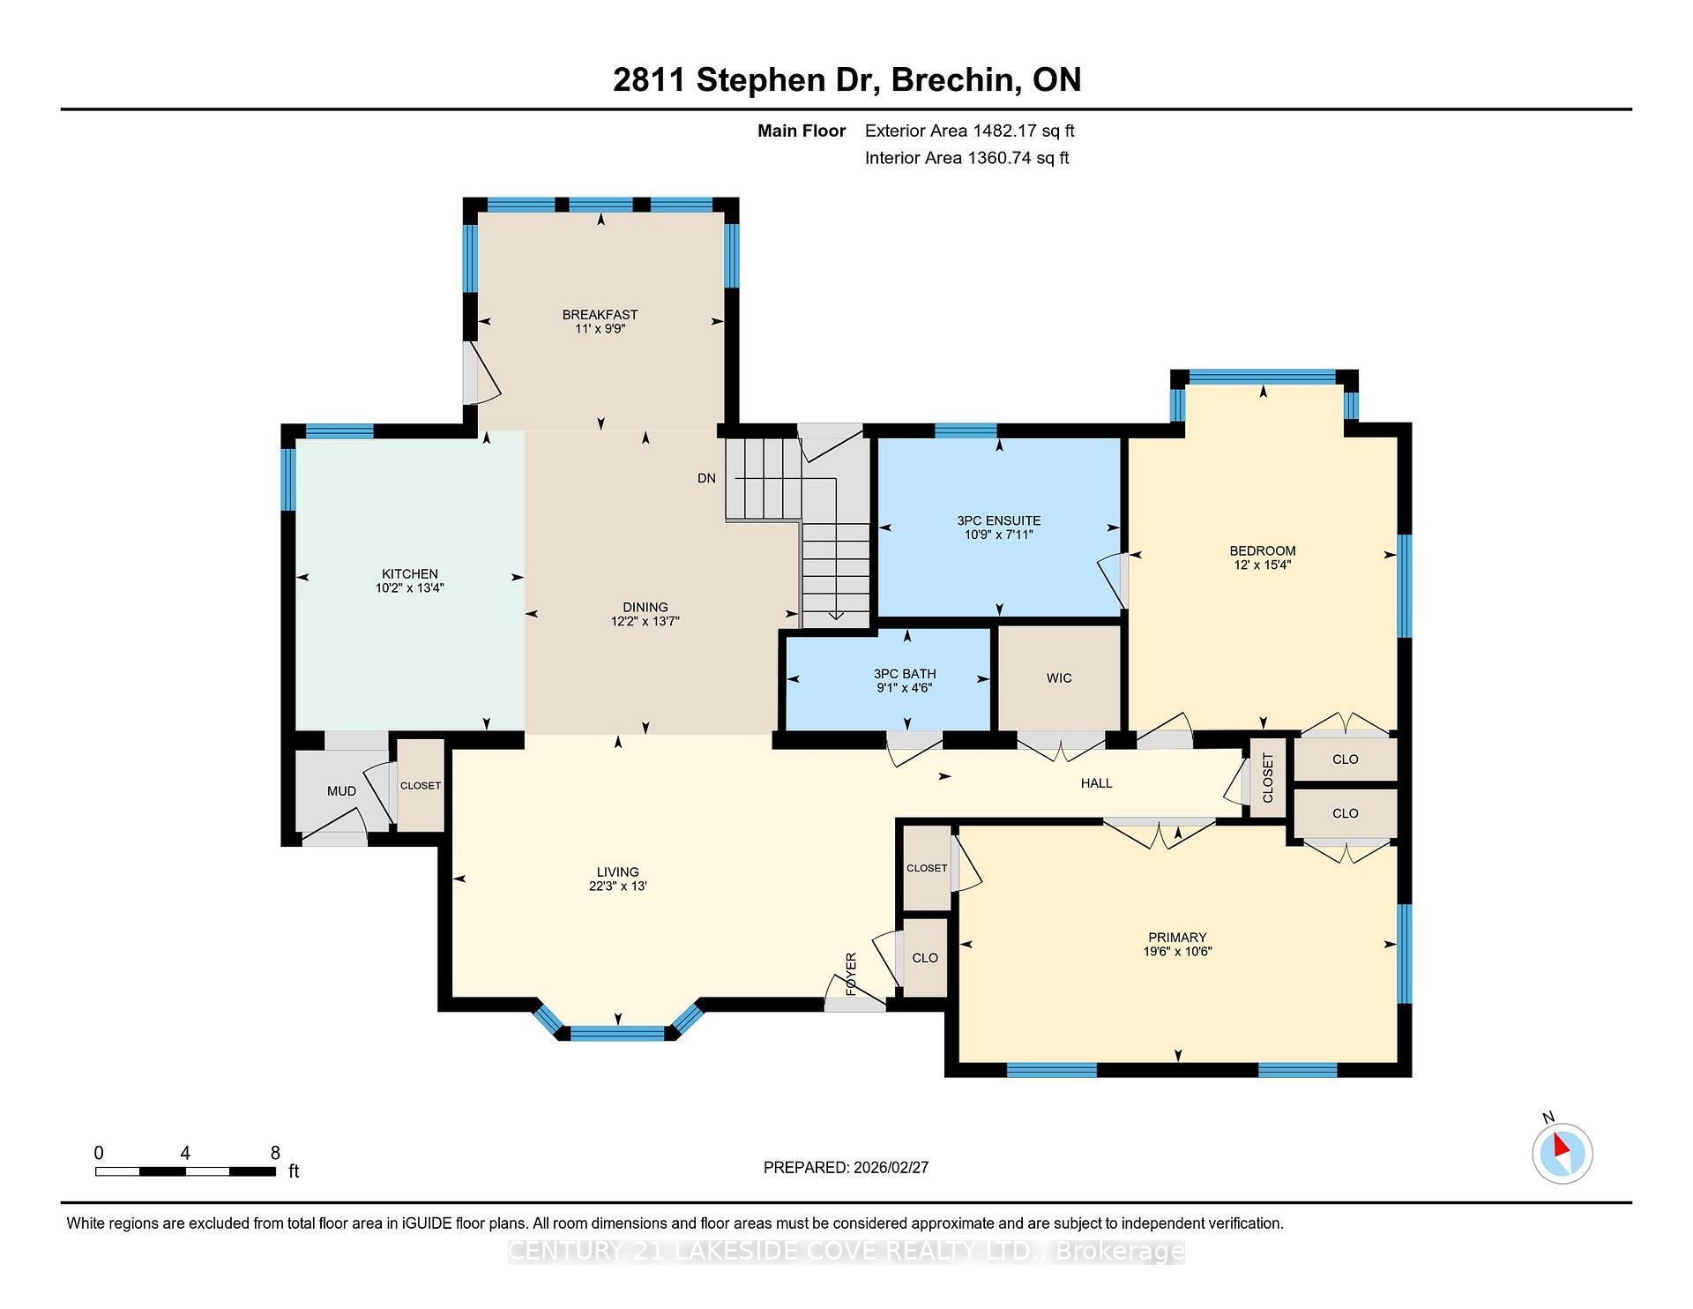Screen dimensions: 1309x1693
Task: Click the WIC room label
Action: click(x=1059, y=677)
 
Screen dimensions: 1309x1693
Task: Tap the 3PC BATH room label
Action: click(x=905, y=673)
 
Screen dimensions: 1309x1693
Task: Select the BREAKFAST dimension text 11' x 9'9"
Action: click(x=600, y=329)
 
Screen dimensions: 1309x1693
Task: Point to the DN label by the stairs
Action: click(x=706, y=478)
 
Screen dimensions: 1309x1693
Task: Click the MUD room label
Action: click(x=341, y=790)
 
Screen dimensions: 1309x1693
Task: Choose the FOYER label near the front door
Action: click(x=851, y=974)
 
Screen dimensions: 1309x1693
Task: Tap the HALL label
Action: click(x=1096, y=782)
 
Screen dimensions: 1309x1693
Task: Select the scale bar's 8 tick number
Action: click(x=275, y=1152)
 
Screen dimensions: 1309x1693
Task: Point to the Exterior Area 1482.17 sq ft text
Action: click(x=969, y=131)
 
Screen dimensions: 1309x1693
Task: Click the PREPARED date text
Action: click(x=846, y=1167)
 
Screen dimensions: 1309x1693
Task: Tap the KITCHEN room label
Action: click(x=409, y=573)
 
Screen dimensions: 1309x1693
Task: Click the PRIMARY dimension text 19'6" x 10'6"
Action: click(x=1177, y=952)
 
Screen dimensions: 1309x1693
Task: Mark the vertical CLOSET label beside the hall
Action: click(x=1268, y=778)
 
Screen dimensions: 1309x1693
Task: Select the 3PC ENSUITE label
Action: click(x=999, y=520)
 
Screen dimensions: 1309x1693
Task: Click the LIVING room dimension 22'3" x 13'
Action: click(x=617, y=886)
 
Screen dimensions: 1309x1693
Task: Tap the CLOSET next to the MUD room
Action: click(x=421, y=785)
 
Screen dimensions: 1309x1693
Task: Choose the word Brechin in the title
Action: click(x=951, y=79)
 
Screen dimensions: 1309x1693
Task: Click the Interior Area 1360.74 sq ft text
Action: click(x=966, y=159)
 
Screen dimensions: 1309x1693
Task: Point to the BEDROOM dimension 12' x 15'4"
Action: click(x=1262, y=565)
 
